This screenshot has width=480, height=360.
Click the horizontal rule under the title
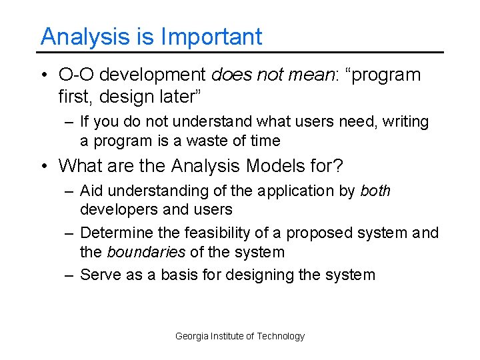click(x=240, y=52)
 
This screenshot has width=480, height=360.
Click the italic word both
click(x=375, y=191)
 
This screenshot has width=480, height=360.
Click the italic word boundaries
click(x=145, y=252)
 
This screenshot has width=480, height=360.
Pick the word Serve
click(x=99, y=275)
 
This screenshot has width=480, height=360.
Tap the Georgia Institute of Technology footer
click(x=239, y=336)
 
